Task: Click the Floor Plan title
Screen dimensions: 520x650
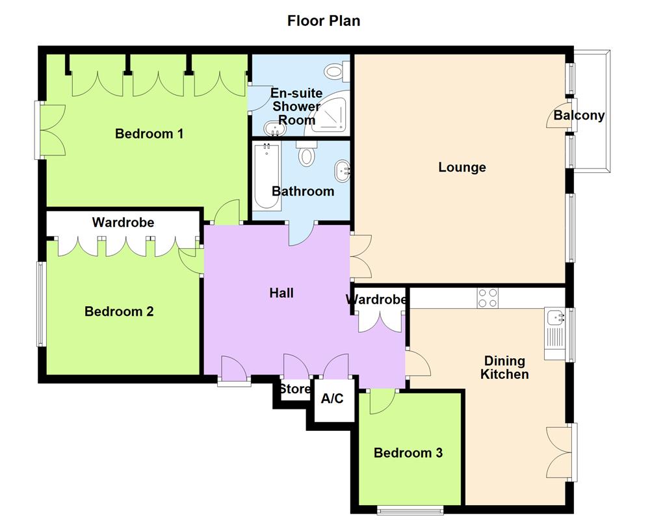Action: point(324,21)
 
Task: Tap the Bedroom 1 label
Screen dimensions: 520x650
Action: point(149,134)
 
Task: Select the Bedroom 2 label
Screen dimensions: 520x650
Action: point(119,312)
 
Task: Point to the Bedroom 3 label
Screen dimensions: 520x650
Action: point(408,452)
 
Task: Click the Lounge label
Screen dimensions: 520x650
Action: point(462,168)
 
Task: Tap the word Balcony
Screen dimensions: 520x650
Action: point(579,116)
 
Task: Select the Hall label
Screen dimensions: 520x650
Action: point(281,293)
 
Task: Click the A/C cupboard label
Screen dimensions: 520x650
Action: point(332,398)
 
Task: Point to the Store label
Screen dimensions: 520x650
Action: point(295,390)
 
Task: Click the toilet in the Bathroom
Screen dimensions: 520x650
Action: point(307,155)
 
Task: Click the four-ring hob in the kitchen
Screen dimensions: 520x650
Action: point(488,298)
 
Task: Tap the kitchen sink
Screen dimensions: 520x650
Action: point(555,318)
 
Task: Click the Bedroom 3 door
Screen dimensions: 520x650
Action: point(381,402)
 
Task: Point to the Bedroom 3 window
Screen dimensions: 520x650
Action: point(410,510)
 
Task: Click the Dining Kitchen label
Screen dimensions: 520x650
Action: point(504,368)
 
